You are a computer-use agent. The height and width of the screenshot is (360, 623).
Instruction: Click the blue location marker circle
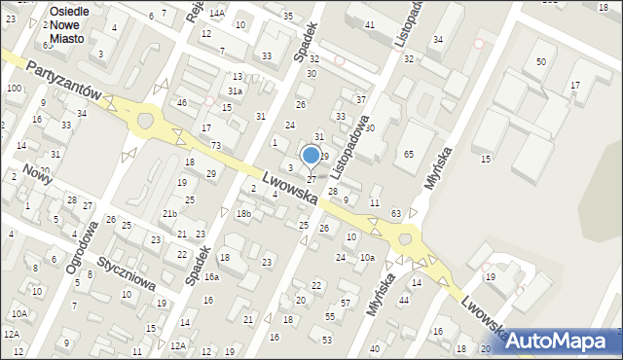[311, 155]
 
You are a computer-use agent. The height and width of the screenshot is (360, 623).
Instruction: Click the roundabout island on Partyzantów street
[146, 121]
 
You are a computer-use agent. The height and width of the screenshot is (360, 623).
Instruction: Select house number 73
[215, 145]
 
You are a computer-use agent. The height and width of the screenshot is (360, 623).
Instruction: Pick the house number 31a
[235, 90]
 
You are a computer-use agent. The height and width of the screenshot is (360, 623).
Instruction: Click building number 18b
[243, 213]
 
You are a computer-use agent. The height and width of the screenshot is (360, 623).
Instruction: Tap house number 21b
[169, 213]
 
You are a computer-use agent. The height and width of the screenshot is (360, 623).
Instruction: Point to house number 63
[396, 212]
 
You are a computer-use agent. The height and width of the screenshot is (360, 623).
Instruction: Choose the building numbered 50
[541, 61]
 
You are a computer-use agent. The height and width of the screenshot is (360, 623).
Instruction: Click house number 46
[181, 102]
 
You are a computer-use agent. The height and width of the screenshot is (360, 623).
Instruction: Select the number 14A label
[216, 13]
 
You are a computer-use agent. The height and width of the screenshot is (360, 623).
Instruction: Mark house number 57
[345, 304]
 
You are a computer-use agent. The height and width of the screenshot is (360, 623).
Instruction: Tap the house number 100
[14, 88]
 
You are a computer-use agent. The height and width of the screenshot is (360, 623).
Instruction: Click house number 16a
[211, 277]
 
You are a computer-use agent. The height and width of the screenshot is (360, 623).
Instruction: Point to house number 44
[403, 300]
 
